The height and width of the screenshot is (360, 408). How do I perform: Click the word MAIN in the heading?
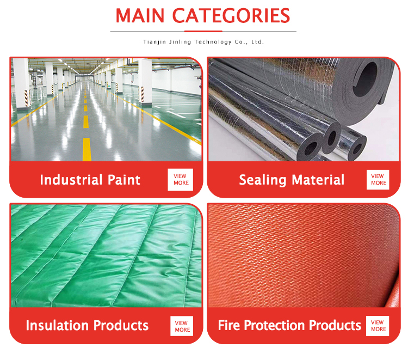(140, 16)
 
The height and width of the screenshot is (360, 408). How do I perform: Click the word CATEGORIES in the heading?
(231, 16)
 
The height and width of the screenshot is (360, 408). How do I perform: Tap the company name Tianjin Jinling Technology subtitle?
(203, 42)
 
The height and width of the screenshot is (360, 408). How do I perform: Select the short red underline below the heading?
(203, 31)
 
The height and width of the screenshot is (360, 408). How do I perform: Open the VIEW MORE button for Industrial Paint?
(180, 180)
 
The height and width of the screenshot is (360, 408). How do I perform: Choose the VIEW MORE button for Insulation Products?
(182, 326)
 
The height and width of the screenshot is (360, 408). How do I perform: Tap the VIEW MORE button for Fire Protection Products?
(378, 326)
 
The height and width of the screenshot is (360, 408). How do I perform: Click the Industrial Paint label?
(90, 180)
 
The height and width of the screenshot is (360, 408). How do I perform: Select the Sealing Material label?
(292, 180)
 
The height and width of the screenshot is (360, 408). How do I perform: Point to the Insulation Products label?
(87, 325)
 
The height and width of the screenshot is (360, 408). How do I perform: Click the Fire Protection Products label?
(289, 325)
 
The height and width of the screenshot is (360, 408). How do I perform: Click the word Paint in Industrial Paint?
(124, 180)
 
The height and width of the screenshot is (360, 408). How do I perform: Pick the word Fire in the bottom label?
(228, 325)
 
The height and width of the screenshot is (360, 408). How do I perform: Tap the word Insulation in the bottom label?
(57, 325)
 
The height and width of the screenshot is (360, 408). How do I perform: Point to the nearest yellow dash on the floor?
(87, 149)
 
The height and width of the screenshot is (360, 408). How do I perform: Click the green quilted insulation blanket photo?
(106, 255)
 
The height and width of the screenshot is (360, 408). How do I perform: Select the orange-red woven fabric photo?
(304, 255)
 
